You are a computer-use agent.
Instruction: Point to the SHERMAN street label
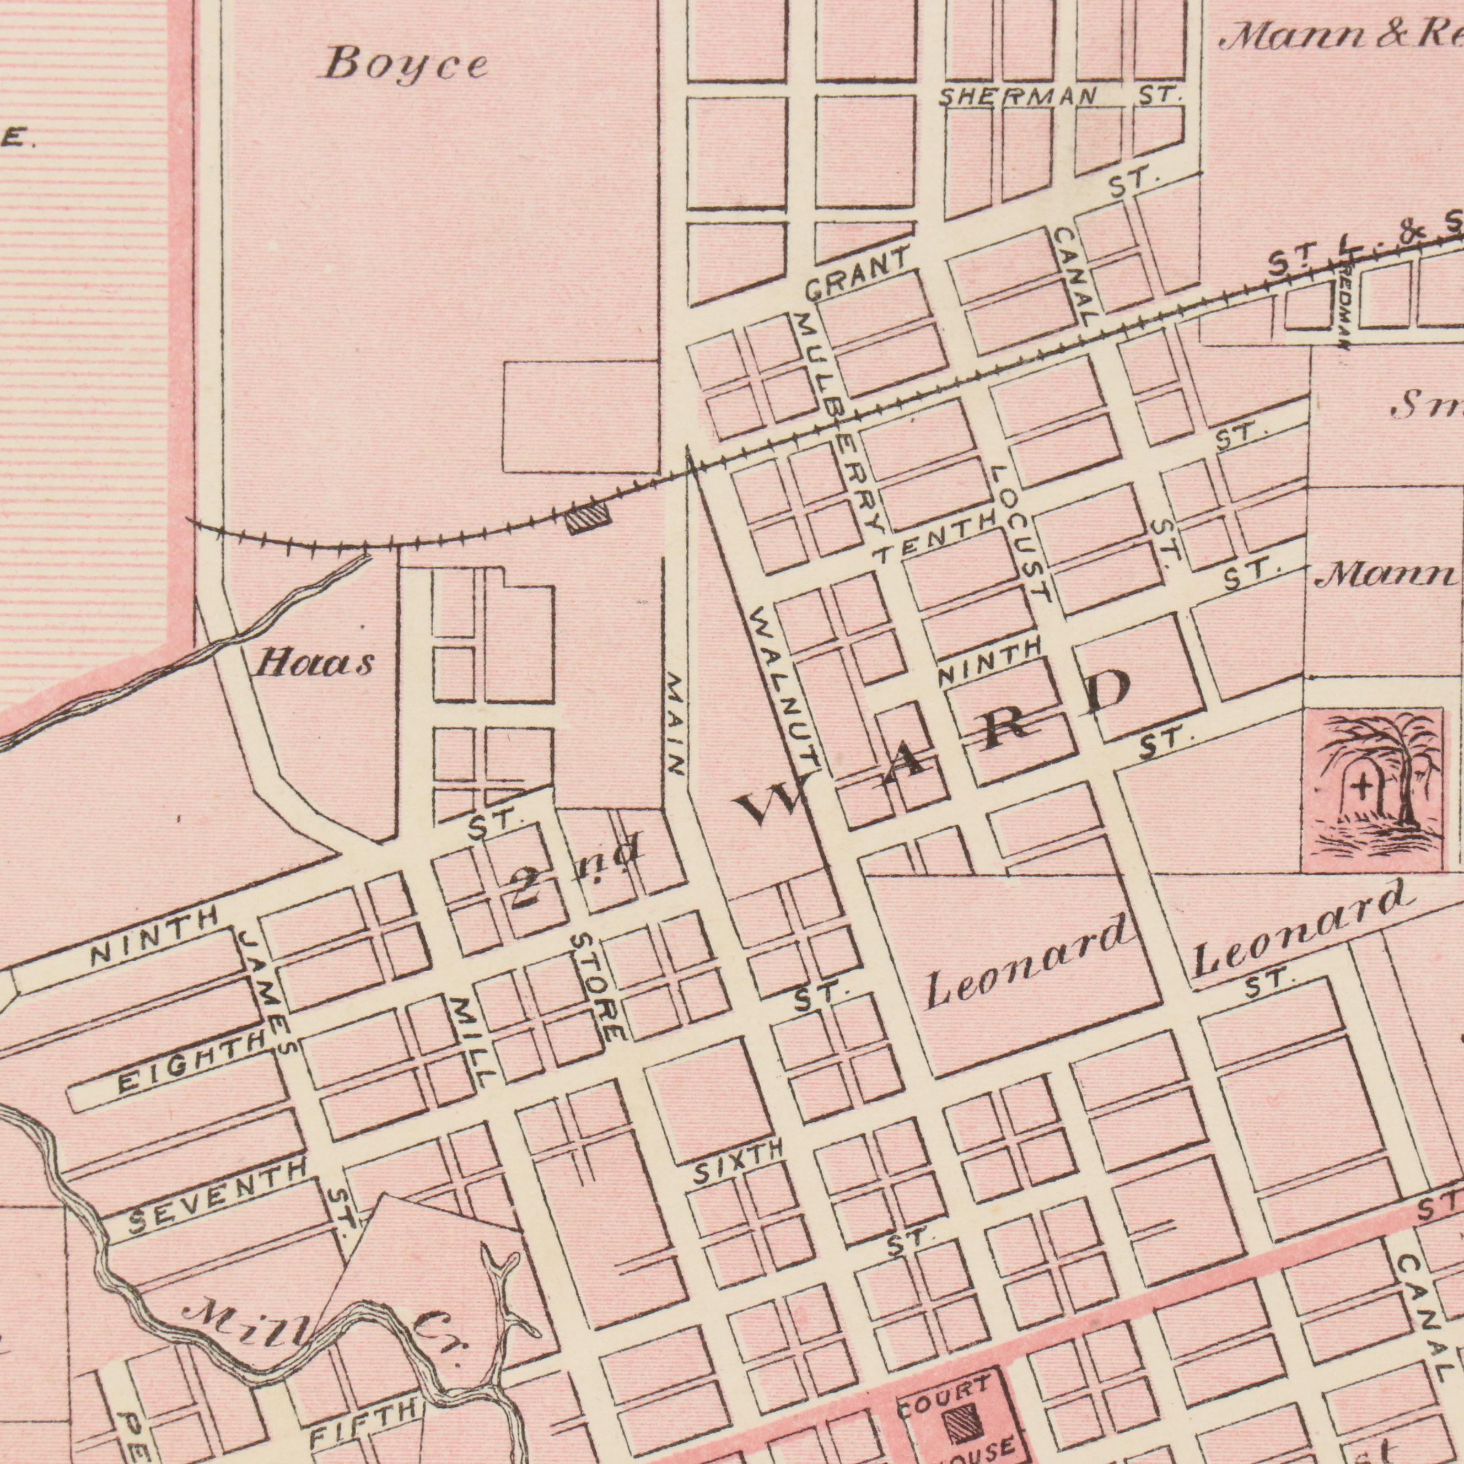point(1018,96)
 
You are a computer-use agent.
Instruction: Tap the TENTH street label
point(934,536)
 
